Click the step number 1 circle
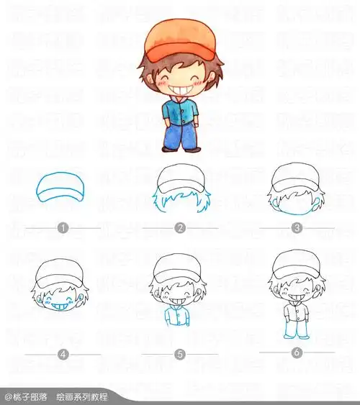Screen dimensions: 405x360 (63, 228)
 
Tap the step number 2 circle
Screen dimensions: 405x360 (180, 228)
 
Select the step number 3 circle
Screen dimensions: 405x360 (297, 228)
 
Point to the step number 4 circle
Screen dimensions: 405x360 (63, 354)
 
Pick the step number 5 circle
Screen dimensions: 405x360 (180, 354)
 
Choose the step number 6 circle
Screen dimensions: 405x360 (297, 352)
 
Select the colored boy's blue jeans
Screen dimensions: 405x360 (180, 135)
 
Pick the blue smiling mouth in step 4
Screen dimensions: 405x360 (61, 306)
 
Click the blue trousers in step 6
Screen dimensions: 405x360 (294, 329)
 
